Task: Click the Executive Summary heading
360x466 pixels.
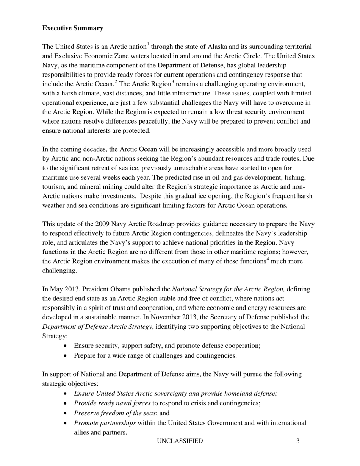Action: (x=73, y=28)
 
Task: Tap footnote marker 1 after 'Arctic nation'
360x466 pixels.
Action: (x=147, y=45)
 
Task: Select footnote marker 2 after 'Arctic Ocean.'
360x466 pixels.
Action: (x=116, y=82)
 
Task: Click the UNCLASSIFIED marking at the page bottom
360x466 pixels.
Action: (x=180, y=441)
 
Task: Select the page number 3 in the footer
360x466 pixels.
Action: (x=298, y=441)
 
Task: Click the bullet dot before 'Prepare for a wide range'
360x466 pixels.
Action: (x=66, y=356)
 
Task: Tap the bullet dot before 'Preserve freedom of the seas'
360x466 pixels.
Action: (x=66, y=413)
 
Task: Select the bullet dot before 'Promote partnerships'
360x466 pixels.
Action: (x=66, y=423)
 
